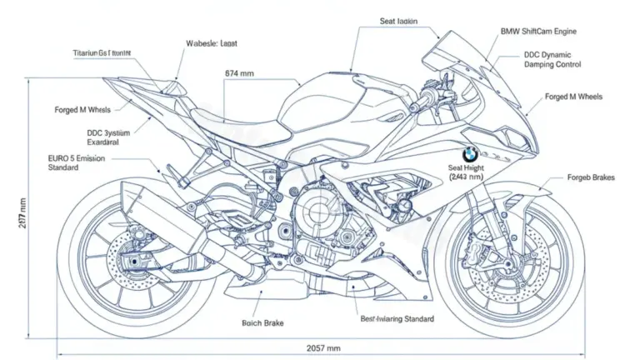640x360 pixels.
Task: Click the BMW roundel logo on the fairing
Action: pos(470,154)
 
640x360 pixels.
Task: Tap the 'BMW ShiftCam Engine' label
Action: pos(538,32)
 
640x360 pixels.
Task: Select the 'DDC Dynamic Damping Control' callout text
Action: pos(552,59)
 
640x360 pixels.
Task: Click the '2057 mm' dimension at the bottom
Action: pos(322,347)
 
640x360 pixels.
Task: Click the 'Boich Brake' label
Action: pos(262,322)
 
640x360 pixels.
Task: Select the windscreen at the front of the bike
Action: pos(467,62)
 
